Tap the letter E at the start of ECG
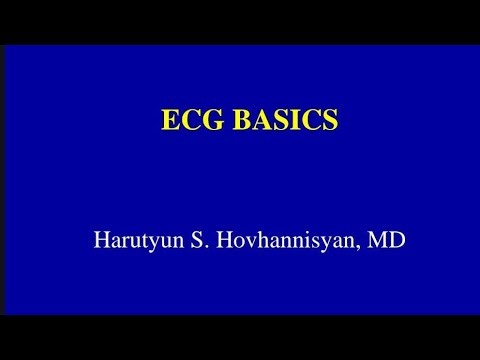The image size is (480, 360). pos(171,119)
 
